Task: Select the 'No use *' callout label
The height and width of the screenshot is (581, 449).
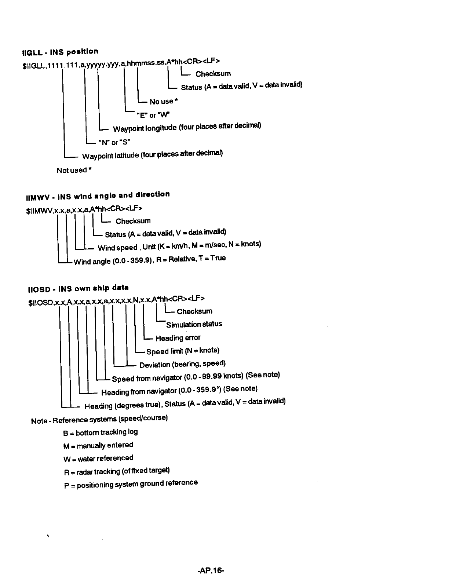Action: tap(164, 101)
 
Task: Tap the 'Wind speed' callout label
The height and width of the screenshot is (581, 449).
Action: tap(117, 248)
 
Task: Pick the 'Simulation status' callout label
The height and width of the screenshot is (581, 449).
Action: tap(194, 324)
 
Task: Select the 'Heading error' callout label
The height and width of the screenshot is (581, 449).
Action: tap(178, 338)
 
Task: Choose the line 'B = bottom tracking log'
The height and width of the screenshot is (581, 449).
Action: tap(101, 432)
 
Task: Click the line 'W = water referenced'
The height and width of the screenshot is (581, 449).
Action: tap(98, 458)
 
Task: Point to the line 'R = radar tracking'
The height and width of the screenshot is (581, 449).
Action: tap(117, 471)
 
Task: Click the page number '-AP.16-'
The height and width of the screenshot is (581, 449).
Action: tap(211, 571)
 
